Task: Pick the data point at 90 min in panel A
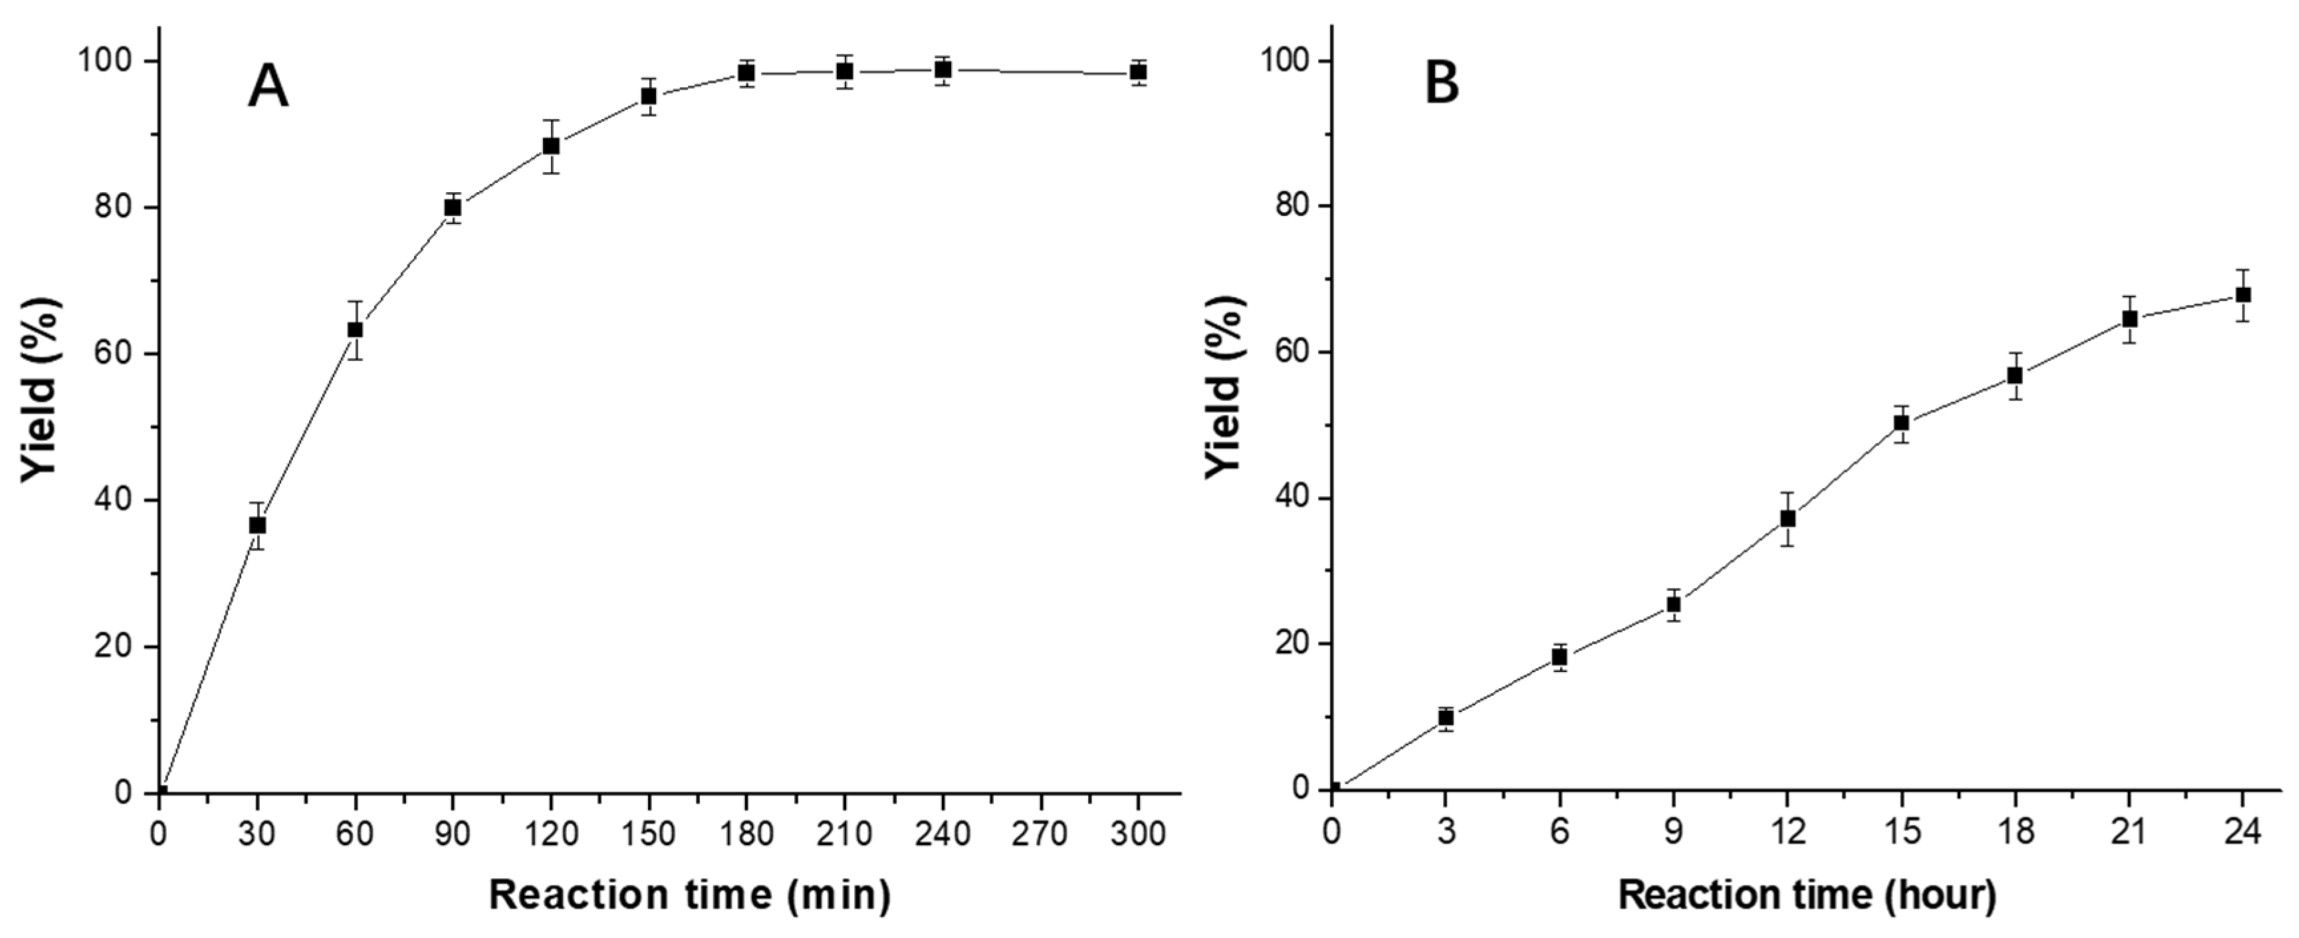tap(453, 207)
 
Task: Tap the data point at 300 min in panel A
tap(1138, 71)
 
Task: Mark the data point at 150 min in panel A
tap(649, 96)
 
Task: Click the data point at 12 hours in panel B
tap(1788, 518)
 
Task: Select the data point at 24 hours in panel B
tap(2243, 294)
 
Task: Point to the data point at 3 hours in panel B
tap(1446, 717)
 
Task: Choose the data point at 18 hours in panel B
tap(2015, 375)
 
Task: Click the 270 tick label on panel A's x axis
tap(1040, 834)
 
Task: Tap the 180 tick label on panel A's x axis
tap(746, 834)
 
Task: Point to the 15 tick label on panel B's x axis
tap(1901, 831)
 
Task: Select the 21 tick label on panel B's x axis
tap(2130, 831)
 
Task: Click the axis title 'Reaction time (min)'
tap(690, 895)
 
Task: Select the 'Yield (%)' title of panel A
tap(40, 404)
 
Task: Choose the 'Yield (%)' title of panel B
tap(1224, 404)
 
